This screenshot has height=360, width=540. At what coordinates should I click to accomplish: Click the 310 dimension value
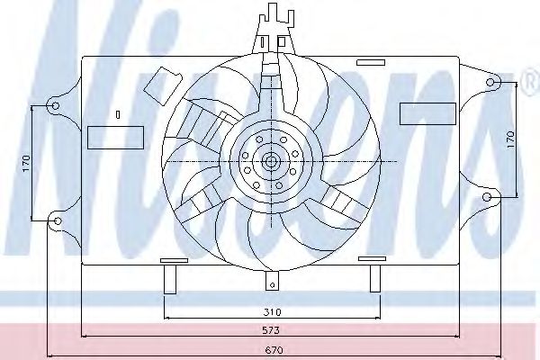(x=273, y=311)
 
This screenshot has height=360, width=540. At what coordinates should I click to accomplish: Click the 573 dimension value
(x=273, y=331)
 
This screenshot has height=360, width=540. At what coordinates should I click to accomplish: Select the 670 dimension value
(x=273, y=349)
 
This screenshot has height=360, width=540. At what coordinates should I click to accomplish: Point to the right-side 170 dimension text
(x=509, y=140)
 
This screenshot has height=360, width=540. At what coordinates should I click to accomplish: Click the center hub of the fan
(x=271, y=162)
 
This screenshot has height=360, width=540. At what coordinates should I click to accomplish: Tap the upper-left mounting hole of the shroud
(x=56, y=106)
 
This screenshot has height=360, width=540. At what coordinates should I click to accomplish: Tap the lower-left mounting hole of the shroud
(x=56, y=220)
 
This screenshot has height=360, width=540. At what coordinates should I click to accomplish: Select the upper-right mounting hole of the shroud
(x=490, y=83)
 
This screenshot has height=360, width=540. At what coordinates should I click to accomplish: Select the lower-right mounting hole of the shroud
(x=488, y=196)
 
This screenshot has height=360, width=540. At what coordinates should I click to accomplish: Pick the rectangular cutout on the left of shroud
(x=115, y=137)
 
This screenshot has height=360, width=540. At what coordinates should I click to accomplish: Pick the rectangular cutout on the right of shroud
(x=428, y=113)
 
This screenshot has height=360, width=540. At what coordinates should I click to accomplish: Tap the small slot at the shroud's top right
(x=368, y=63)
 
